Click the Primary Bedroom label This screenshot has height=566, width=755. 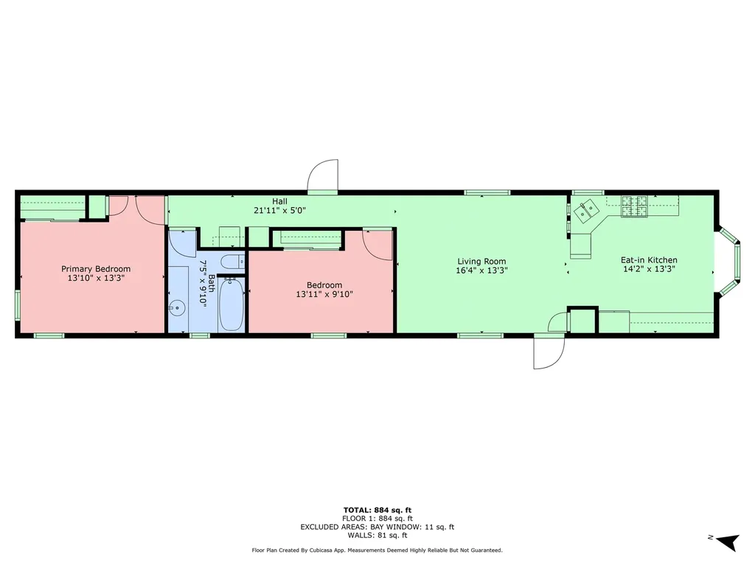[x=96, y=269]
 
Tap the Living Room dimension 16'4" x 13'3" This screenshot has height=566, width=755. [x=481, y=270]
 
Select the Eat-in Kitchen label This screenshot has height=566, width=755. [x=649, y=260]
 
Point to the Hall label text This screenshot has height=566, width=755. [x=279, y=201]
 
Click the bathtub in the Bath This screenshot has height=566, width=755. [x=231, y=304]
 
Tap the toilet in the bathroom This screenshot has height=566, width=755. [x=232, y=261]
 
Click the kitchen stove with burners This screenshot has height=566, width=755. [x=634, y=206]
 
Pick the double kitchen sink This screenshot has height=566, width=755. [x=588, y=212]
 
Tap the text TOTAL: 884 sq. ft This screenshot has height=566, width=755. [x=377, y=510]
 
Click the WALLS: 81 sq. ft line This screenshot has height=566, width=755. [x=377, y=536]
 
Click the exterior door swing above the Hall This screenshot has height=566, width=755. [x=323, y=178]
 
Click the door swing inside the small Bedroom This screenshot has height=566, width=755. [x=378, y=244]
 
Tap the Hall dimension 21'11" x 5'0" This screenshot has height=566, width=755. [x=279, y=210]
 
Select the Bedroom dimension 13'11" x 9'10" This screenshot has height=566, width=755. [x=324, y=295]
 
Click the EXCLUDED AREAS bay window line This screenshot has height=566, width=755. [x=377, y=527]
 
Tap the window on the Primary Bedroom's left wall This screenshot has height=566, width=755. [x=17, y=306]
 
